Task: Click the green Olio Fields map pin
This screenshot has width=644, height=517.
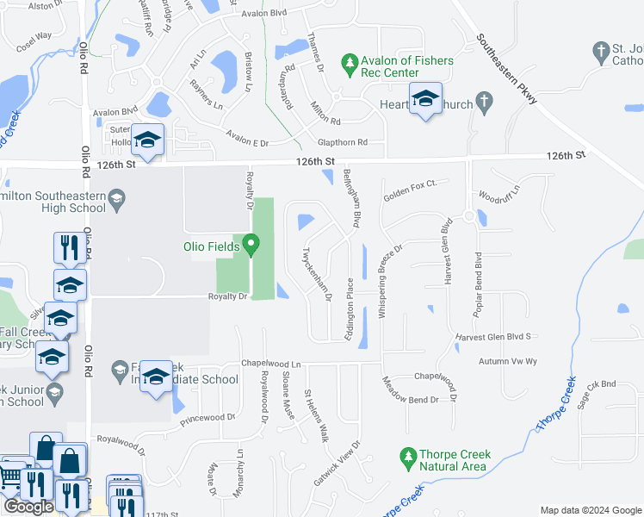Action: [251, 246]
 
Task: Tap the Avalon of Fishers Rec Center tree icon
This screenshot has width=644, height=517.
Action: [350, 62]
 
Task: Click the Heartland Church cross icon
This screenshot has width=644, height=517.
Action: [485, 104]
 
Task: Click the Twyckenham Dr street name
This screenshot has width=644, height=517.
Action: [317, 275]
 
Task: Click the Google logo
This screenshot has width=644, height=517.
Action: [28, 507]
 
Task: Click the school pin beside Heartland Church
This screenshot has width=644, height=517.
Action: [425, 100]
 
